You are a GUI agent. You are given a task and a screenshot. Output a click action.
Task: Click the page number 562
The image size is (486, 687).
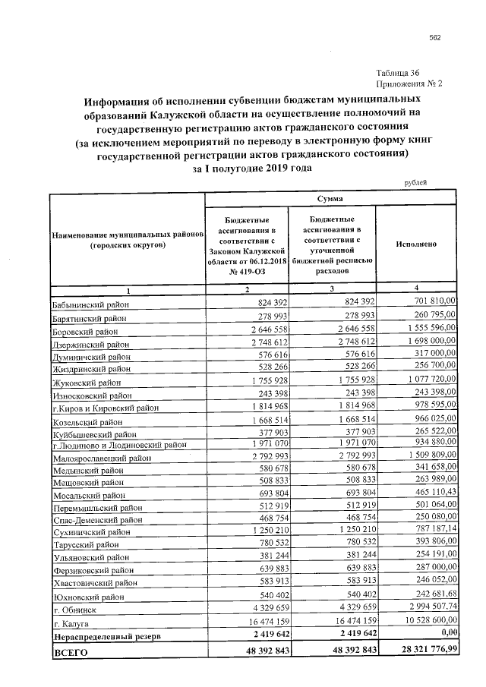435,38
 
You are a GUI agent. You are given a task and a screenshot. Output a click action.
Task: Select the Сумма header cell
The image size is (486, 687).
330,198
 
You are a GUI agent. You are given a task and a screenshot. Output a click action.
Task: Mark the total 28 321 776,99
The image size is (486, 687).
421,650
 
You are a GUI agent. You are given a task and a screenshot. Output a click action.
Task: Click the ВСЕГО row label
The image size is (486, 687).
69,652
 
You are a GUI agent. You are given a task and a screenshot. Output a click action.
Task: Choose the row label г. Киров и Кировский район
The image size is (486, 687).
105,408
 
